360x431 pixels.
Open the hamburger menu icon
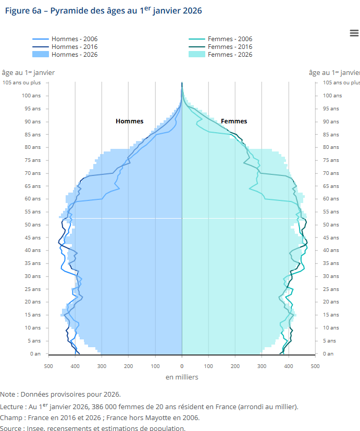pos(354,33)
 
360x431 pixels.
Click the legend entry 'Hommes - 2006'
pos(74,39)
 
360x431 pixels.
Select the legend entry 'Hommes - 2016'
pos(74,47)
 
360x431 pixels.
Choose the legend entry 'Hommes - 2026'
pos(74,55)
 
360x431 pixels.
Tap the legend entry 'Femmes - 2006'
pos(229,39)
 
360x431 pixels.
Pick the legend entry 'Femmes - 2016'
pos(229,47)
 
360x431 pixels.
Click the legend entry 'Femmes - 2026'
pos(229,55)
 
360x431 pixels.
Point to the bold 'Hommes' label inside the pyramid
pos(129,121)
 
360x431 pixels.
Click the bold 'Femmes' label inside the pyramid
pos(234,121)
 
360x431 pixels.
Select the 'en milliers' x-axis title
pos(182,377)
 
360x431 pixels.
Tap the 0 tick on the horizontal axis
pos(182,366)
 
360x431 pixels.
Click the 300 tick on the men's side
pos(102,366)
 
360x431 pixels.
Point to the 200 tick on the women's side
pos(235,366)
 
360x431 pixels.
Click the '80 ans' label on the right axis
pos(331,147)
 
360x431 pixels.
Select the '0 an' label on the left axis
pos(35,354)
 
